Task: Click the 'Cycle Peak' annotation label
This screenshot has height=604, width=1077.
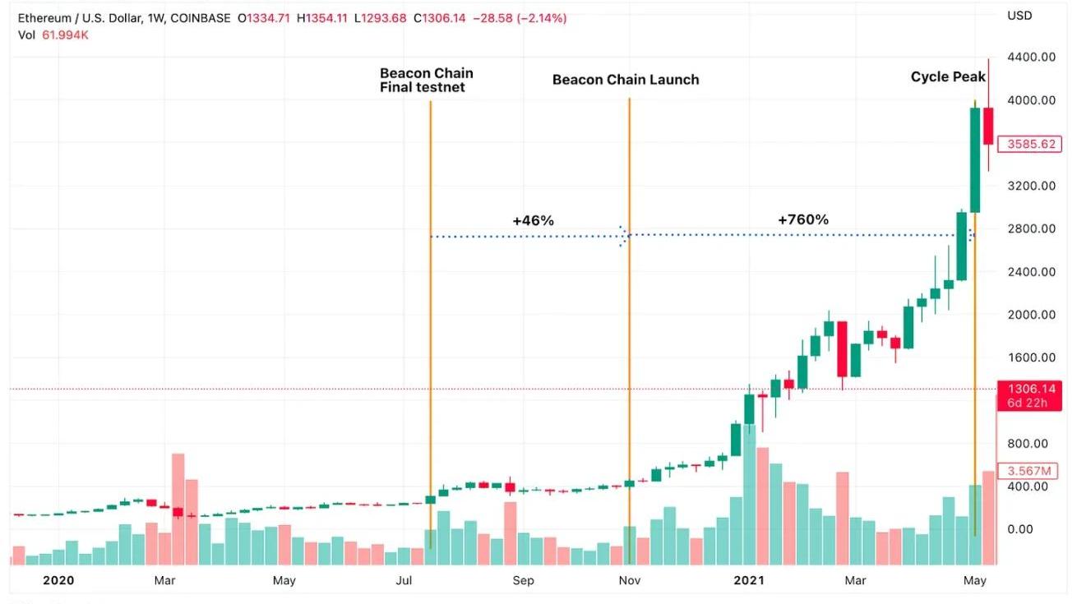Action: pos(948,77)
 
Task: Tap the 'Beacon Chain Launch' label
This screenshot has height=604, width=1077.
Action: pos(626,80)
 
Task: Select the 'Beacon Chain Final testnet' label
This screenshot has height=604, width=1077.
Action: pos(426,81)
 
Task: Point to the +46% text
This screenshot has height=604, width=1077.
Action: pos(533,220)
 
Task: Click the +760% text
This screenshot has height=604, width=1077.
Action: pos(802,219)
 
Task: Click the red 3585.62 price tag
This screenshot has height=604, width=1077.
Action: pos(1030,144)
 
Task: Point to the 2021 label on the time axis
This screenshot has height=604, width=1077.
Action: pos(748,580)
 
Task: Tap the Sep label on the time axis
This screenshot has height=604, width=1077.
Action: pos(523,580)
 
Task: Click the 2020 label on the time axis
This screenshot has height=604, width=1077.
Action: pos(58,580)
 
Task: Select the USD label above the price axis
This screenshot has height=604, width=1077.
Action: pos(1019,16)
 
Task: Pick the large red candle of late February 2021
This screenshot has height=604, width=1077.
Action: pos(842,348)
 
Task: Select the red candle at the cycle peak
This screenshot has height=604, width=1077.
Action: pos(988,126)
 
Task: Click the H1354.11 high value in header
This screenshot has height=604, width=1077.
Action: pos(317,18)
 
